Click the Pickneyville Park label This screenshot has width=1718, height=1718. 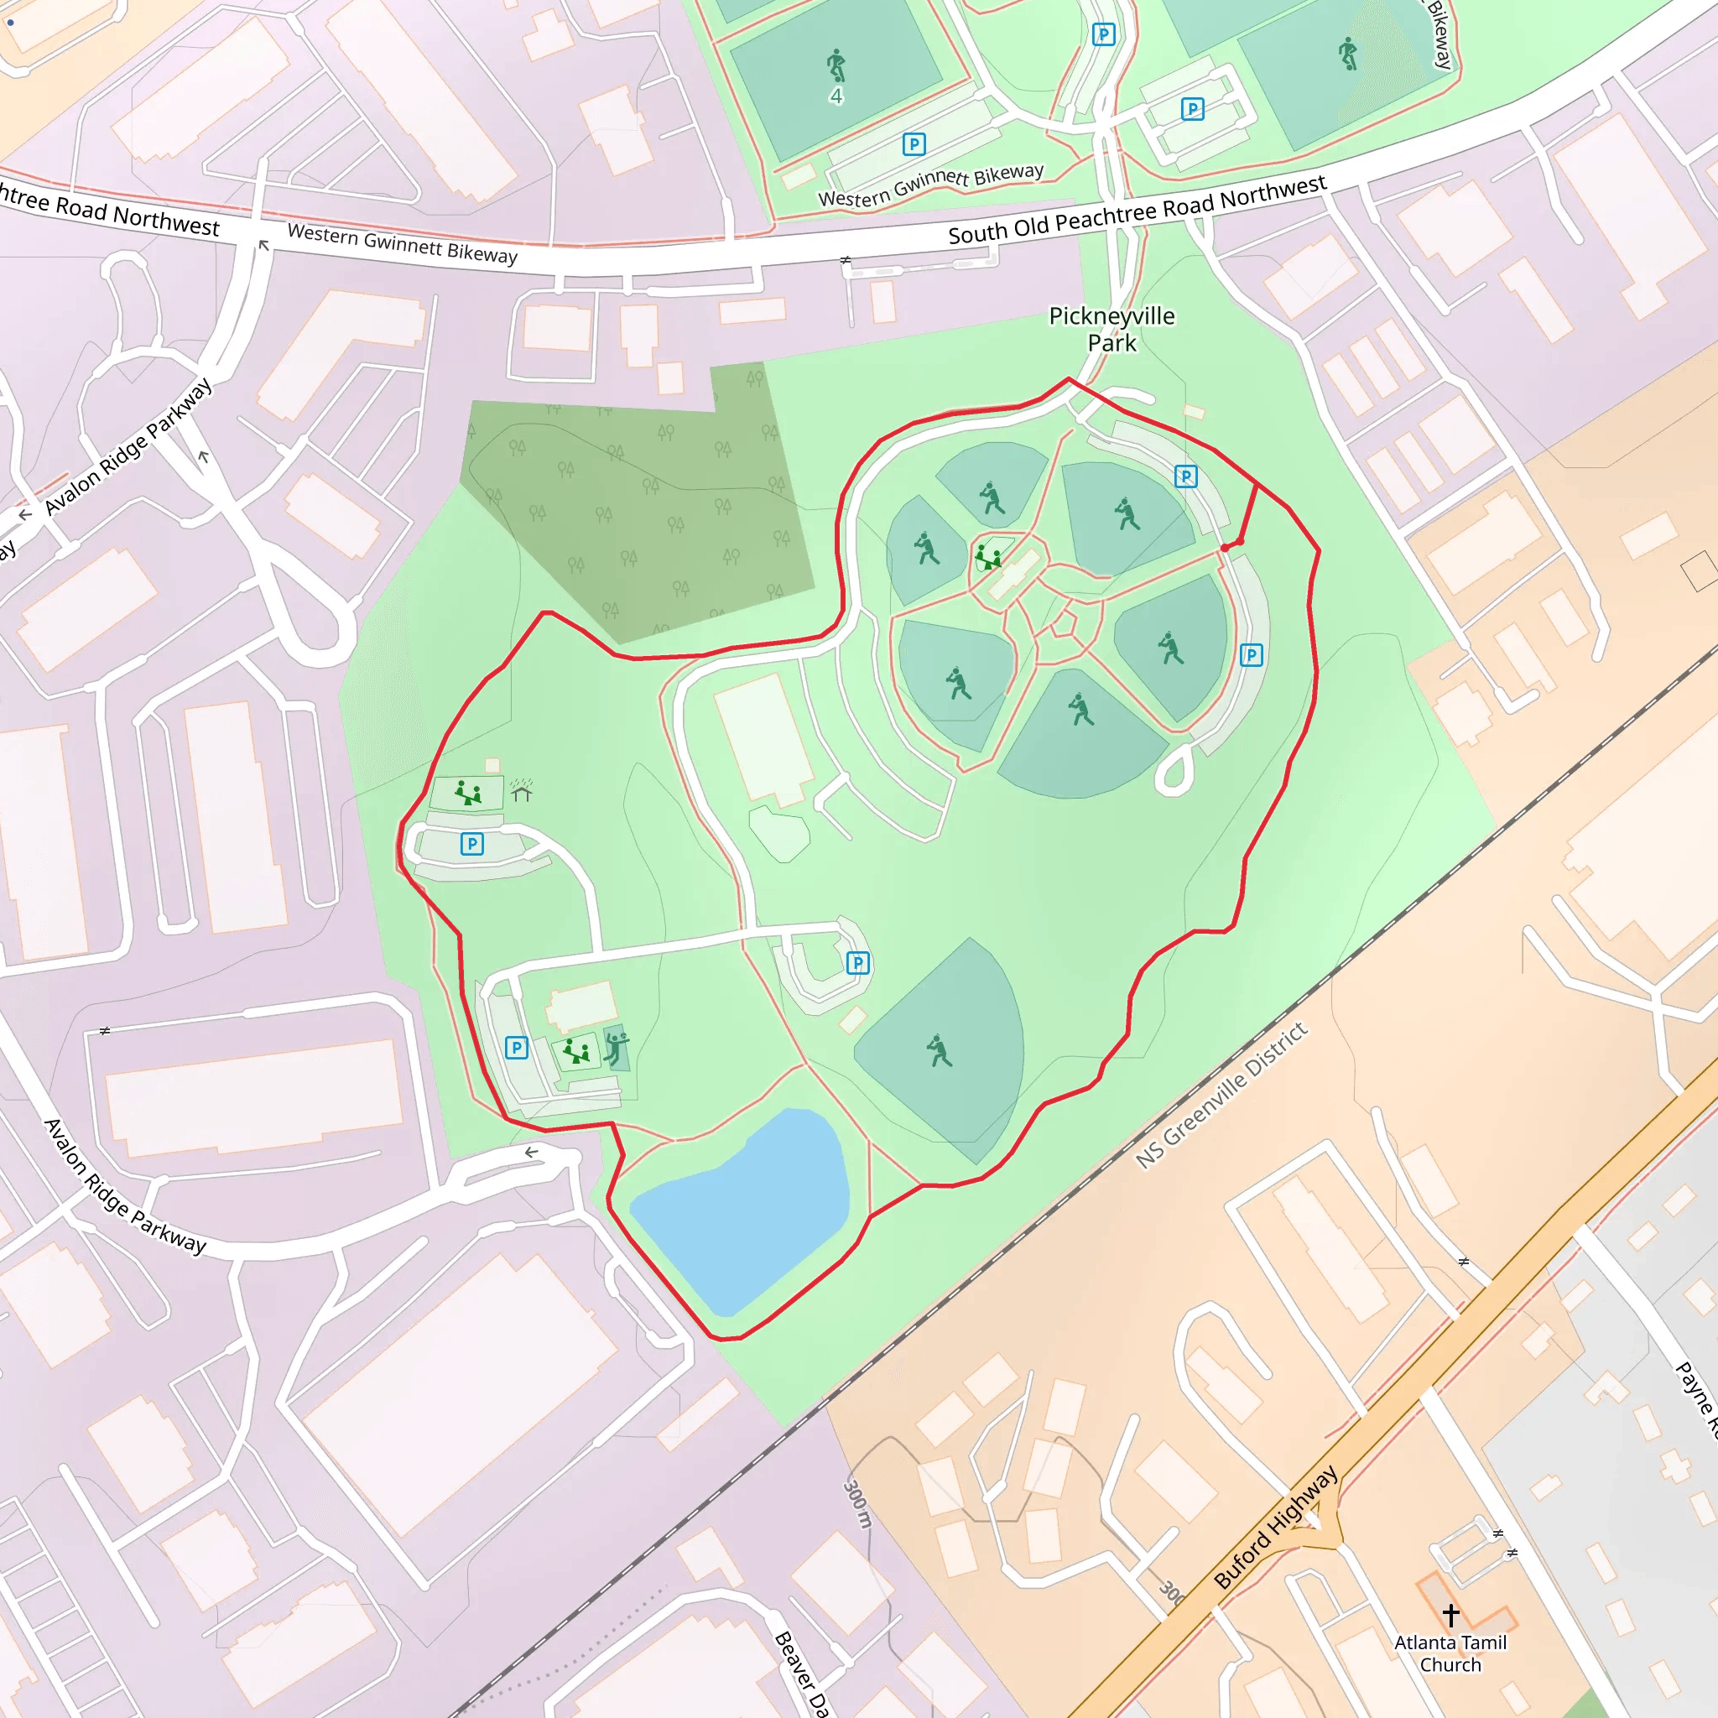pyautogui.click(x=1111, y=329)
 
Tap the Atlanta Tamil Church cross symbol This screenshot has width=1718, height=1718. pyautogui.click(x=1450, y=1614)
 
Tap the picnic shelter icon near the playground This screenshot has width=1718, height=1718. pyautogui.click(x=521, y=790)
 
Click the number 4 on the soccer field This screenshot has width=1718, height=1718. pyautogui.click(x=836, y=96)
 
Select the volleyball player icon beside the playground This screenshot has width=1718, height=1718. pyautogui.click(x=616, y=1049)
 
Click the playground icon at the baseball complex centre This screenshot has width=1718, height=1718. pyautogui.click(x=988, y=558)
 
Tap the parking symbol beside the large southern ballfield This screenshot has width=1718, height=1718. pyautogui.click(x=857, y=962)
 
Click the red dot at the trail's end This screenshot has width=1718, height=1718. pyautogui.click(x=1226, y=548)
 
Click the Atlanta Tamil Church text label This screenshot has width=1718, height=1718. pyautogui.click(x=1450, y=1653)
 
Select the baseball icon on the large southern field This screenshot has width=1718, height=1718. pyautogui.click(x=939, y=1050)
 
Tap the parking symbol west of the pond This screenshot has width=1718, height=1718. pyautogui.click(x=517, y=1048)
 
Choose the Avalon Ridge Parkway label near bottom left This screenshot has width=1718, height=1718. pyautogui.click(x=124, y=1186)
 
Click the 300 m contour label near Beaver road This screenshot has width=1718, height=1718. pyautogui.click(x=857, y=1502)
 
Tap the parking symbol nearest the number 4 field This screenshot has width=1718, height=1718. pyautogui.click(x=914, y=144)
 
